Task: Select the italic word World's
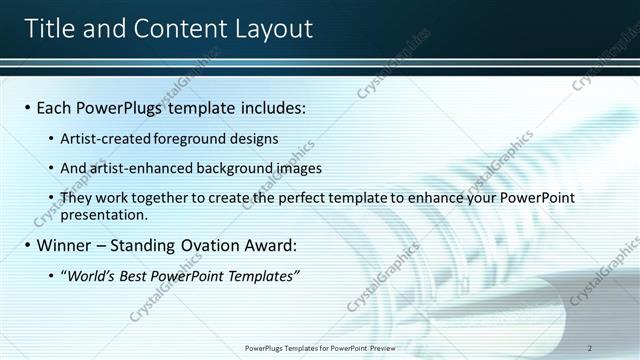click(x=90, y=276)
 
